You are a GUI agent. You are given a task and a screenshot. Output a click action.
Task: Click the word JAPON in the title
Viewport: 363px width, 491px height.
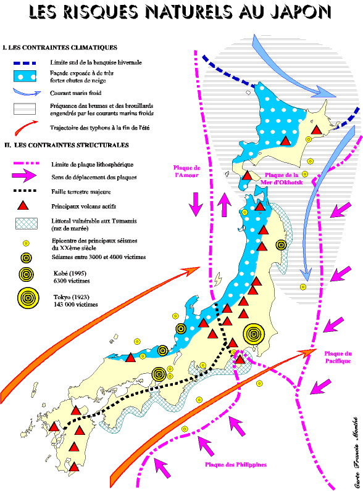pyautogui.click(x=301, y=12)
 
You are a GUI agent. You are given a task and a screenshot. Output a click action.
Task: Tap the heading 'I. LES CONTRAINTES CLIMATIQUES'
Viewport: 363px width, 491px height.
pyautogui.click(x=59, y=47)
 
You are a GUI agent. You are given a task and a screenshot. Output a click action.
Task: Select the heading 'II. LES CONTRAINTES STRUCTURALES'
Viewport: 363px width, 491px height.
pyautogui.click(x=67, y=145)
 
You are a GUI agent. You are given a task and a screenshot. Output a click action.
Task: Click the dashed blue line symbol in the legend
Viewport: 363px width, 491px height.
pyautogui.click(x=25, y=63)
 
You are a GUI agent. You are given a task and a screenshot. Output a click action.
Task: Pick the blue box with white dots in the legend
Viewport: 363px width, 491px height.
pyautogui.click(x=25, y=76)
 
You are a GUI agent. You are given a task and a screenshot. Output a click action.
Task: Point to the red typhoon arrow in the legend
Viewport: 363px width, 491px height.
pyautogui.click(x=26, y=127)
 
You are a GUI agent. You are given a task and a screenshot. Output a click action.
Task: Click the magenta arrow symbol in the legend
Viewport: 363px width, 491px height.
pyautogui.click(x=24, y=176)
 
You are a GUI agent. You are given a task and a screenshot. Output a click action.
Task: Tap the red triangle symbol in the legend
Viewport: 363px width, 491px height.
pyautogui.click(x=23, y=205)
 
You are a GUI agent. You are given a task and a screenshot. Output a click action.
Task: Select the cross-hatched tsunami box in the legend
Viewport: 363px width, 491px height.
pyautogui.click(x=27, y=223)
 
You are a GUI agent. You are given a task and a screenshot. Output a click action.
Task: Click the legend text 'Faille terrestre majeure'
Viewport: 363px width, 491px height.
pyautogui.click(x=81, y=192)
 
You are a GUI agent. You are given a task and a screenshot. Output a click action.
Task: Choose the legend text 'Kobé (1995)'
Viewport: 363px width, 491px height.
pyautogui.click(x=70, y=273)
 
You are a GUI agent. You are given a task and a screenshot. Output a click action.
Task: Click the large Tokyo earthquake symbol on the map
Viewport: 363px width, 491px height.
pyautogui.click(x=254, y=334)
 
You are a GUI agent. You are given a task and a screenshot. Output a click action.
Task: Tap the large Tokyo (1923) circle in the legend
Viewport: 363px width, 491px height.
pyautogui.click(x=28, y=298)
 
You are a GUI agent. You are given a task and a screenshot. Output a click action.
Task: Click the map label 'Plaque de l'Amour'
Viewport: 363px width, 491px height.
pyautogui.click(x=187, y=171)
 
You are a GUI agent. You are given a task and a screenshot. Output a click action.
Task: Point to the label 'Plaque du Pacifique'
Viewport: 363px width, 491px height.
pyautogui.click(x=338, y=357)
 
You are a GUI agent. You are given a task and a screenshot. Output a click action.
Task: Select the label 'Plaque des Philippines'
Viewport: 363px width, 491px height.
pyautogui.click(x=236, y=464)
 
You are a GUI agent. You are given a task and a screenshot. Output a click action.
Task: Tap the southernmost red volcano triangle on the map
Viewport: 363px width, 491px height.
pyautogui.click(x=74, y=467)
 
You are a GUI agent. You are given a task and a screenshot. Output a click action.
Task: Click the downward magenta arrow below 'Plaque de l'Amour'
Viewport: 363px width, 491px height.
pyautogui.click(x=196, y=204)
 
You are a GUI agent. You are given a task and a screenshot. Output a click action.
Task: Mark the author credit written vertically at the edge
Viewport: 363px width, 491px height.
pyautogui.click(x=356, y=453)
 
